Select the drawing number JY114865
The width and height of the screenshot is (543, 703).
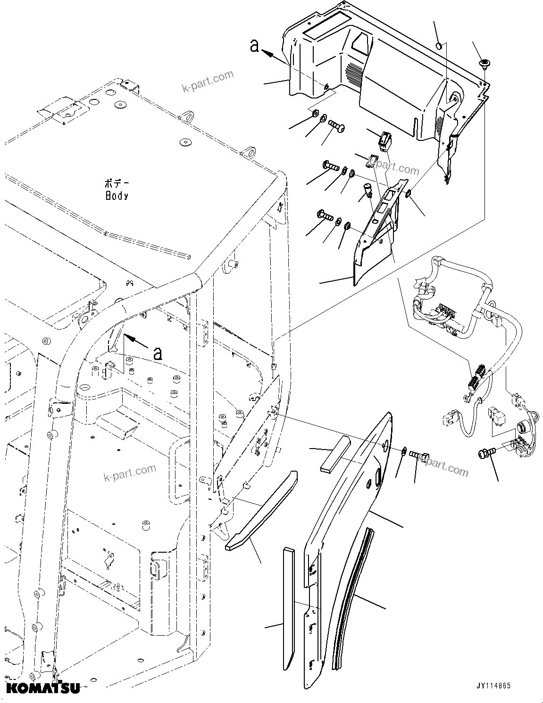coord(493,687)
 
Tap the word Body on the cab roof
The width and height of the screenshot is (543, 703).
coord(117,196)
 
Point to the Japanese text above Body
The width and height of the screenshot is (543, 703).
coord(116,183)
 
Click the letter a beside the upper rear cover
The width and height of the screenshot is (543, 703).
coord(255,46)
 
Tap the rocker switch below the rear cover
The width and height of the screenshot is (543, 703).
coord(384,139)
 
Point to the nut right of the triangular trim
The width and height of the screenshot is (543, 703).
coord(409,194)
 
